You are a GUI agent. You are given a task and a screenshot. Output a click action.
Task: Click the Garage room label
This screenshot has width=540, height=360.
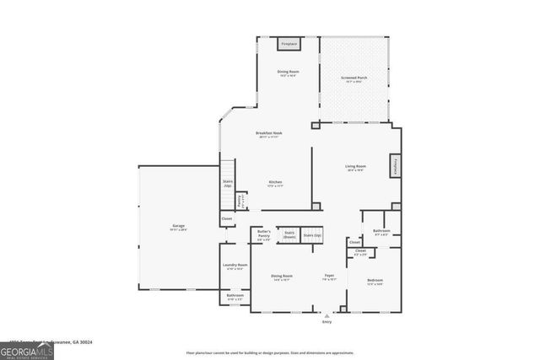[179, 227]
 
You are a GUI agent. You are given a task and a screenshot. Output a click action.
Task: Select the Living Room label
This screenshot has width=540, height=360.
[355, 167]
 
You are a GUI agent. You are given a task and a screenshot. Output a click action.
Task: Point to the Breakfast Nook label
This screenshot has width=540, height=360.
[269, 134]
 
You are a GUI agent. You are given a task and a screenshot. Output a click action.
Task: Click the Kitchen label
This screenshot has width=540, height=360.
[275, 183]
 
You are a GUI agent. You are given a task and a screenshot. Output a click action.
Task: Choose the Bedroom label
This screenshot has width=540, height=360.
[375, 281]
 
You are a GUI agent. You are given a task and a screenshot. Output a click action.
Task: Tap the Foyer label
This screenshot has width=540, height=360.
[330, 277]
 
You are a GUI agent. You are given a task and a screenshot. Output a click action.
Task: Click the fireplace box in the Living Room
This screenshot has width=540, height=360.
[394, 166]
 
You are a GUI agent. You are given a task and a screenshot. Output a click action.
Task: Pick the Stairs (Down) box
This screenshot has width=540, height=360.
[289, 234]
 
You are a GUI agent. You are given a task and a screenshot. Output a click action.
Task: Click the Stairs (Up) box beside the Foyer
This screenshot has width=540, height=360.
[313, 235]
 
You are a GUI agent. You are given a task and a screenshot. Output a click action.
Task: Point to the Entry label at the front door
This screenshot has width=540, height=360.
[327, 321]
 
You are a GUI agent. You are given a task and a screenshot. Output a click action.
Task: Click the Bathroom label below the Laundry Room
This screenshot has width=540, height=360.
[235, 296]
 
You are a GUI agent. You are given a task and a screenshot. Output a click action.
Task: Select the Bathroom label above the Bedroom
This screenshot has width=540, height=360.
[381, 232]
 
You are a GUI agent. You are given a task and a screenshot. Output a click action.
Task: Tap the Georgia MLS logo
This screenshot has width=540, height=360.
[27, 347]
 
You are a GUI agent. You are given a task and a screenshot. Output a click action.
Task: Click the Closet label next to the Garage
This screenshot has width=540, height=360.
[227, 219]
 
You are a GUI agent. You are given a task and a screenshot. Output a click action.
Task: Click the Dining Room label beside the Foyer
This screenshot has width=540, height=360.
[282, 277]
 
